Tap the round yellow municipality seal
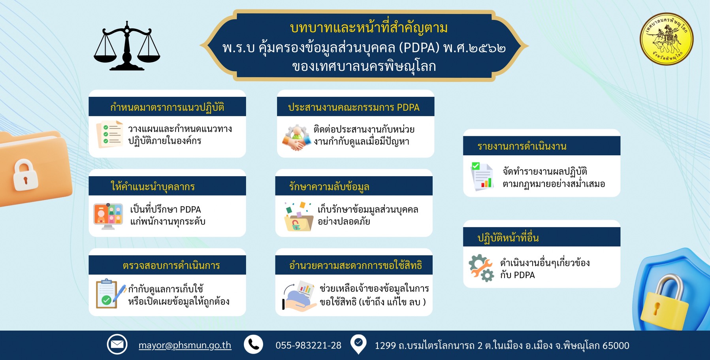(x=666, y=39)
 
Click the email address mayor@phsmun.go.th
(x=185, y=345)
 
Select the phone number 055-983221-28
(x=308, y=345)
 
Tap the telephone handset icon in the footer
(x=253, y=345)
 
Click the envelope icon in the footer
(x=117, y=345)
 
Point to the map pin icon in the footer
(x=358, y=344)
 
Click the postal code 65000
(x=616, y=346)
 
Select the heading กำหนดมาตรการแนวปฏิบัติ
(x=167, y=107)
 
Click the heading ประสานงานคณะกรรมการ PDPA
(x=354, y=107)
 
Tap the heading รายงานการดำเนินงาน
(x=522, y=146)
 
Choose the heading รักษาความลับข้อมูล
(x=329, y=187)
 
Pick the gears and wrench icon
(x=481, y=268)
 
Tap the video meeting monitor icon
(x=108, y=216)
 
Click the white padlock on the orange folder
(x=25, y=175)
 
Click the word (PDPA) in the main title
(x=419, y=48)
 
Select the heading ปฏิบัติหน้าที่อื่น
(x=508, y=238)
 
